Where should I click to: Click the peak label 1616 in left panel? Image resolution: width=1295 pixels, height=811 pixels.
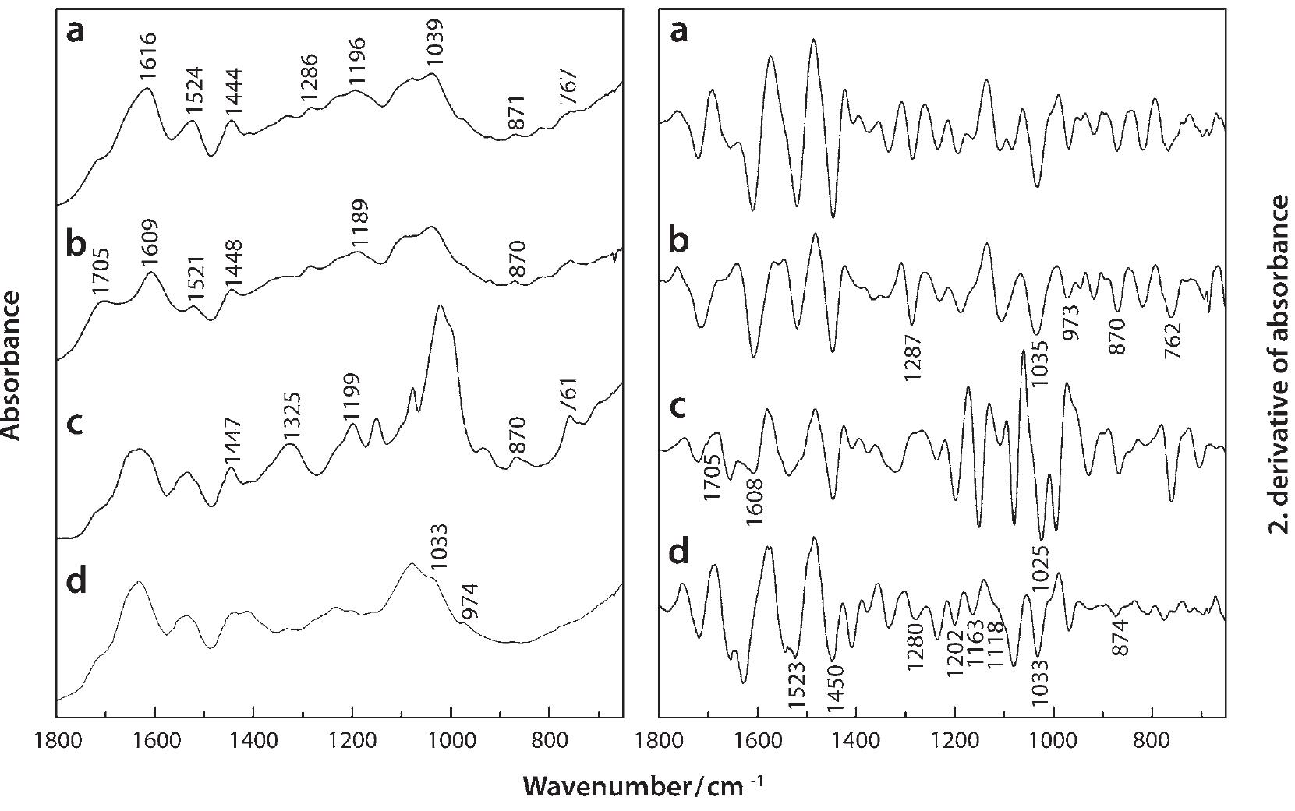147,57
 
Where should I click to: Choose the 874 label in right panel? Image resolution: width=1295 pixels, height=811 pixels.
1120,638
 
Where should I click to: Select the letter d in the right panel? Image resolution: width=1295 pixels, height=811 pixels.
680,552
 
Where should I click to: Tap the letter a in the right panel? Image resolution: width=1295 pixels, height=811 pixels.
680,33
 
